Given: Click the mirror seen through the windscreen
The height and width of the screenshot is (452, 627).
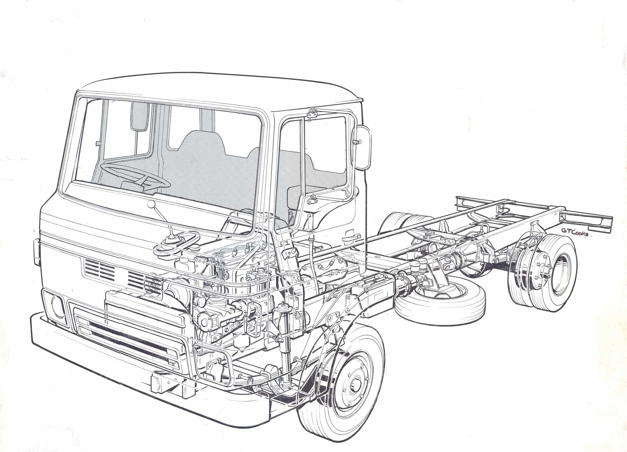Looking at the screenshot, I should tap(140, 115).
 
